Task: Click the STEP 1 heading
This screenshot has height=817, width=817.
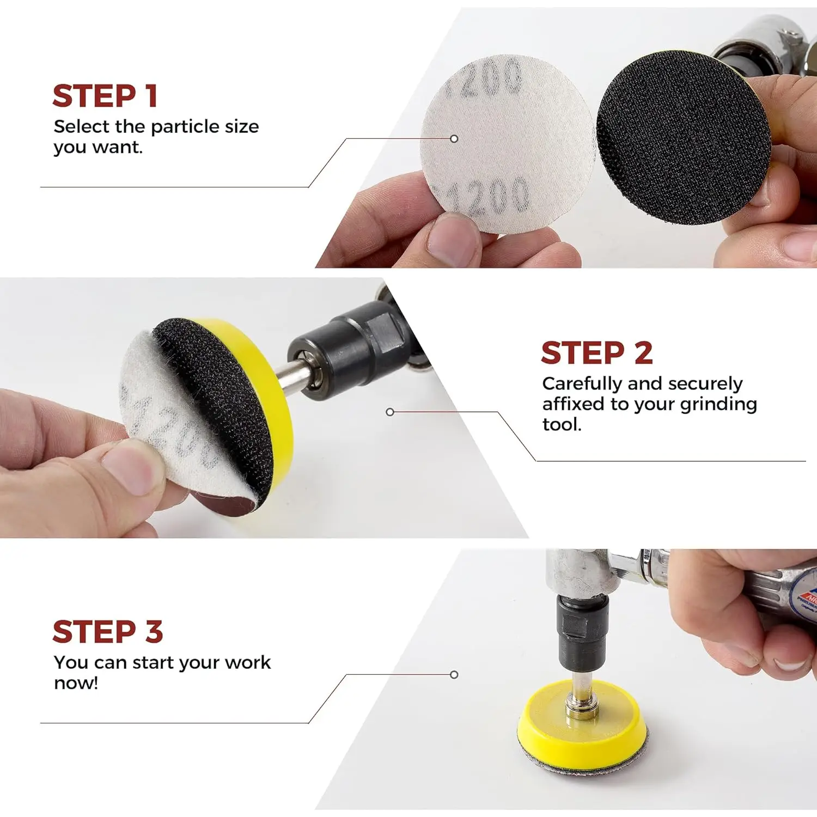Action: coord(105,96)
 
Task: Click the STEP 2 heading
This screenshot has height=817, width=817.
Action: coord(596,353)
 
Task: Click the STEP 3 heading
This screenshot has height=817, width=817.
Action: coord(107,632)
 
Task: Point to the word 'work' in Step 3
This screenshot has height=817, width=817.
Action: coord(248,663)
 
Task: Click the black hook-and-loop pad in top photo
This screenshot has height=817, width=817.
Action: coord(684,139)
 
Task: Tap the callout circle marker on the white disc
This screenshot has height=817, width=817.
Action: coord(454,139)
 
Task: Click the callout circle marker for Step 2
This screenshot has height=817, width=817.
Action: coord(390,412)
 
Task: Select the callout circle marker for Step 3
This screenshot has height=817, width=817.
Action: coord(454,675)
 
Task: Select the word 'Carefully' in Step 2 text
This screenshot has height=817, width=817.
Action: coord(582,384)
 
